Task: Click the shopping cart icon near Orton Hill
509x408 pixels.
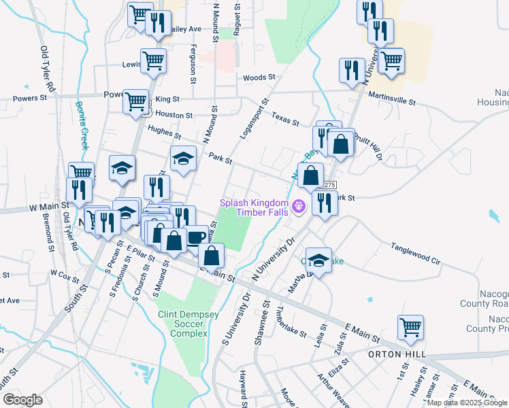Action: tap(410, 327)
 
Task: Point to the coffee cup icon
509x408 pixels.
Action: tap(197, 237)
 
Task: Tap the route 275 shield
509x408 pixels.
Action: tap(330, 185)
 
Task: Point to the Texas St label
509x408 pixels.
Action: tap(285, 120)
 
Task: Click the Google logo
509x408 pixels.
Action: tap(22, 400)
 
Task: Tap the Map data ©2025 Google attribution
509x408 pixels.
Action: tap(467, 403)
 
